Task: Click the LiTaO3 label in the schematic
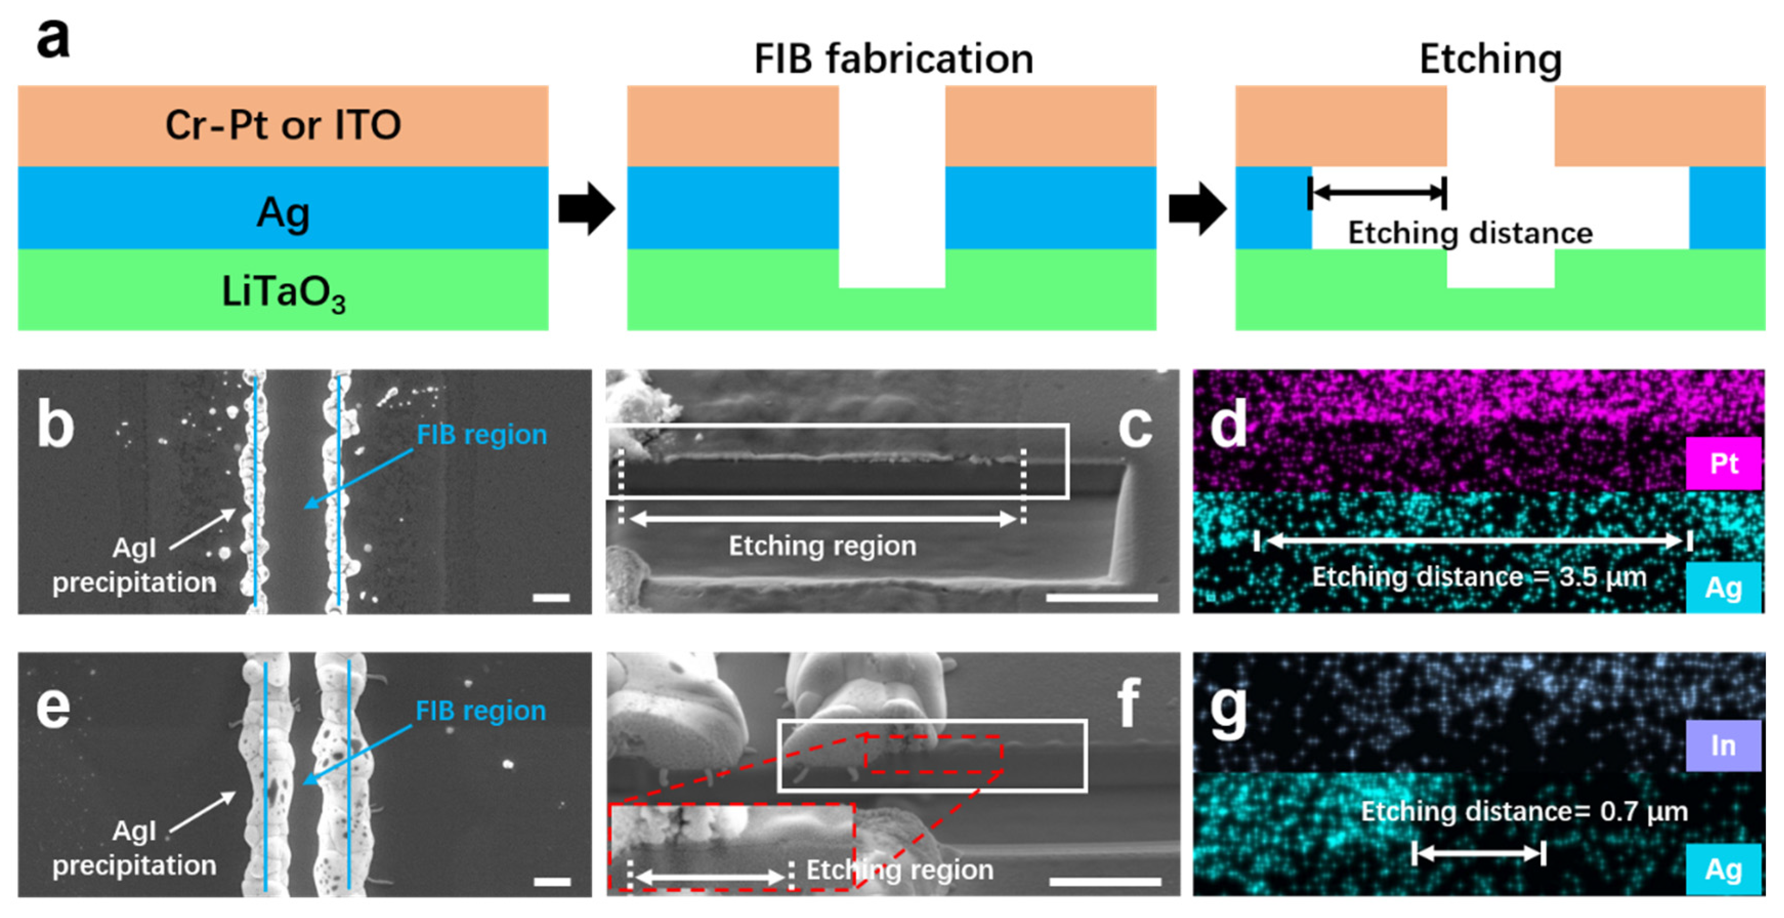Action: tap(283, 292)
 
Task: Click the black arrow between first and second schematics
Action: tap(587, 208)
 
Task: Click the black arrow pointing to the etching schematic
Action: tap(1197, 208)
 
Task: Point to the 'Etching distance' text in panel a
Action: tap(1470, 232)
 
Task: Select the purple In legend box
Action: tap(1723, 745)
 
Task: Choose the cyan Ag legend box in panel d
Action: tap(1723, 588)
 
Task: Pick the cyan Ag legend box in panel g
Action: tap(1723, 869)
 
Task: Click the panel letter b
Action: tap(55, 425)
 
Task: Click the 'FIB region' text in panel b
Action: tap(481, 435)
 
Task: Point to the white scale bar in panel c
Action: tap(1101, 597)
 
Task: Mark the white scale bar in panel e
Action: tap(552, 881)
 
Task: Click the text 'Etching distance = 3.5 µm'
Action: tap(1479, 577)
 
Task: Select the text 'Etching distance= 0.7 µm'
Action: tap(1523, 810)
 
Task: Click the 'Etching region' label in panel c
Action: tap(822, 546)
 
